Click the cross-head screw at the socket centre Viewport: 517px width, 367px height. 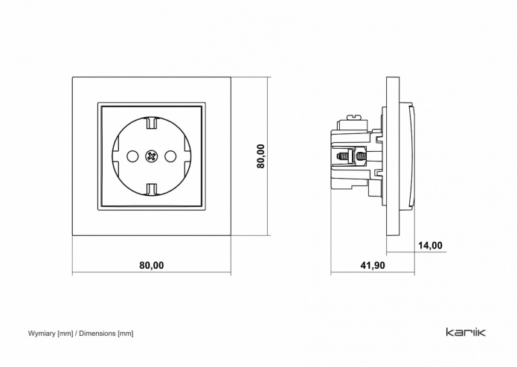click(x=151, y=156)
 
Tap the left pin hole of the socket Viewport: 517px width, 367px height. click(x=132, y=156)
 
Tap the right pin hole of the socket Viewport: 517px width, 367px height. click(x=170, y=156)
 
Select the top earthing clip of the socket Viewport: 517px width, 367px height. click(x=151, y=123)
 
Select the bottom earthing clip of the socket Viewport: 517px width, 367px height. click(x=151, y=189)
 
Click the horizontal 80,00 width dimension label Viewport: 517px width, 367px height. click(x=151, y=265)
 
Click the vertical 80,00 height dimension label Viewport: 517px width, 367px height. click(x=261, y=156)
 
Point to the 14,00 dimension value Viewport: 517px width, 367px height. click(x=430, y=246)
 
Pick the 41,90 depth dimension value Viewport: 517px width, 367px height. click(x=373, y=265)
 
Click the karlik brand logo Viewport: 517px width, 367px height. click(x=466, y=332)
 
